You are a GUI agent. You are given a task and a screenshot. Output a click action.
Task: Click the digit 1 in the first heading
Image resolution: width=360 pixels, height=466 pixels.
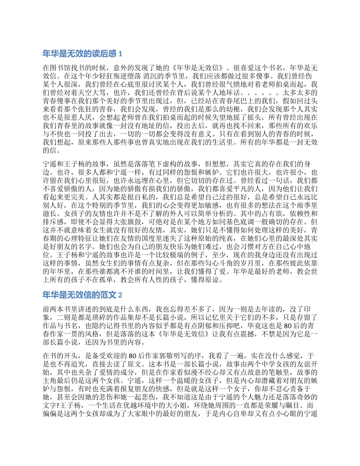121,53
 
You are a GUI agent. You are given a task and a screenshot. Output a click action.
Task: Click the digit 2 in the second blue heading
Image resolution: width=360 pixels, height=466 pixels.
121,295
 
